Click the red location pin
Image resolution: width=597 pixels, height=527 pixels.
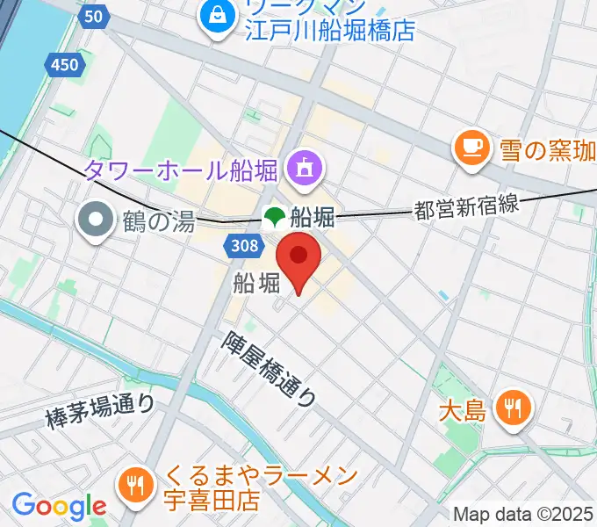coord(298,257)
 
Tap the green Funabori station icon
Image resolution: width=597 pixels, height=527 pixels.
coord(275,215)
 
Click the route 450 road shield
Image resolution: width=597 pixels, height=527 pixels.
coord(63,64)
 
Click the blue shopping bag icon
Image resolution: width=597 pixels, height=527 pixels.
coord(214,14)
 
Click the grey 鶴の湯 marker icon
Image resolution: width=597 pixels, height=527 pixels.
coord(94,220)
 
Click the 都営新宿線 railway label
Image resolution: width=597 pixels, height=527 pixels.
coord(467,207)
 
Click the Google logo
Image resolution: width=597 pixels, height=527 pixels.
coord(59,505)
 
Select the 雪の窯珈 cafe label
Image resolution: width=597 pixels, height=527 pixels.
coord(547,150)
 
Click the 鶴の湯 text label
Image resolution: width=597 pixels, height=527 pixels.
coord(157,221)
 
